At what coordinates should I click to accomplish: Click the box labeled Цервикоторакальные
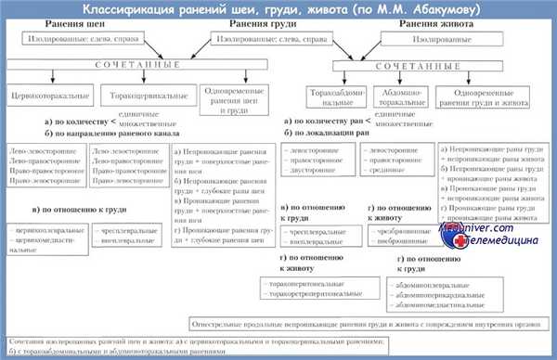click(43, 96)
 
